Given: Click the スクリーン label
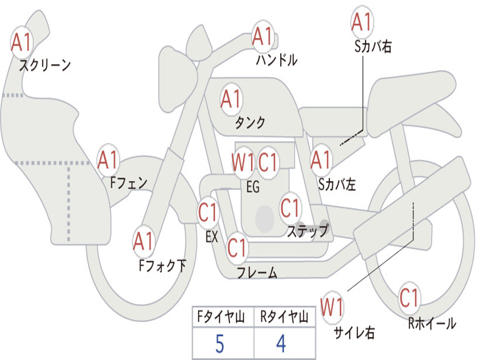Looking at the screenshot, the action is (45, 65).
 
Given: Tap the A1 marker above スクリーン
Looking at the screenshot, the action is (22, 42).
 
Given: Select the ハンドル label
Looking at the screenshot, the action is (277, 60).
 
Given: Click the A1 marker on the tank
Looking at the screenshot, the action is (232, 99).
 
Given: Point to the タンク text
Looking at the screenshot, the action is (250, 122).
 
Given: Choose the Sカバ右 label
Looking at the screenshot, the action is (373, 46).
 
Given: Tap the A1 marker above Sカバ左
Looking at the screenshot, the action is (321, 160).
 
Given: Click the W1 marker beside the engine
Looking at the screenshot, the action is (243, 162).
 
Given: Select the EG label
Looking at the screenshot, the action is (253, 187).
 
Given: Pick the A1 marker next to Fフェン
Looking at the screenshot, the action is (108, 160).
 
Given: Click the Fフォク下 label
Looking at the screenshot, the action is (163, 265).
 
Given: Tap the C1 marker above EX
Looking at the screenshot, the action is (208, 212).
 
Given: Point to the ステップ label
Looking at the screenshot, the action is (307, 231).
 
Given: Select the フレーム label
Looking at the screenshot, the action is (257, 272).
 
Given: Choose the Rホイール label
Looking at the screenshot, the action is (432, 323).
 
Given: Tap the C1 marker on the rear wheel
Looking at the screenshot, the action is (409, 298).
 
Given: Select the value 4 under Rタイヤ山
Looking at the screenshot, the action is (281, 344).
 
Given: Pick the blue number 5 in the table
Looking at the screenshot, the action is (220, 344).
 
